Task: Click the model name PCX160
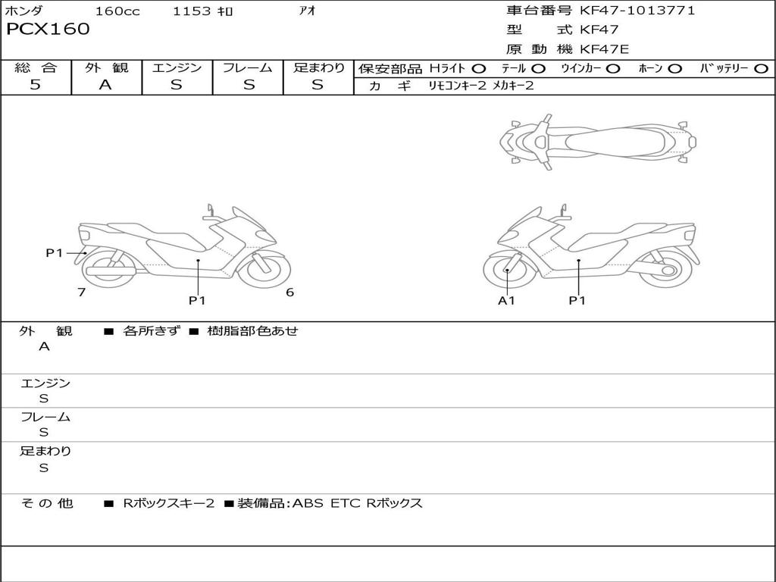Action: click(48, 30)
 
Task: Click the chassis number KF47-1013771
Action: click(637, 11)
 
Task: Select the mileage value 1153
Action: click(192, 11)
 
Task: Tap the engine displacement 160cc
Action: click(117, 11)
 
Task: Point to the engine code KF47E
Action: click(604, 49)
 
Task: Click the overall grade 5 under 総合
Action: click(35, 84)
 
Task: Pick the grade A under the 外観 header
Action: click(105, 85)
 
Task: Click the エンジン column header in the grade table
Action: click(177, 67)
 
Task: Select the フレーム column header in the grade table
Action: click(248, 67)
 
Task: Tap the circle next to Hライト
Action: click(479, 69)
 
